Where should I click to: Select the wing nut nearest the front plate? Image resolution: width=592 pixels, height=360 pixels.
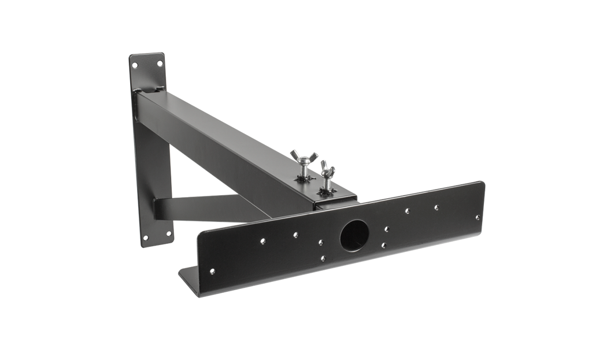(x=328, y=170)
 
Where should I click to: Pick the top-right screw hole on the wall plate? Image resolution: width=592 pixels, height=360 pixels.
(x=160, y=57)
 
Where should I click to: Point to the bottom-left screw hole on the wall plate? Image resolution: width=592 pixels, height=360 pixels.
(x=145, y=239)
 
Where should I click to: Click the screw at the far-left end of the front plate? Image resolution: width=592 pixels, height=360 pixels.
(x=213, y=269)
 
